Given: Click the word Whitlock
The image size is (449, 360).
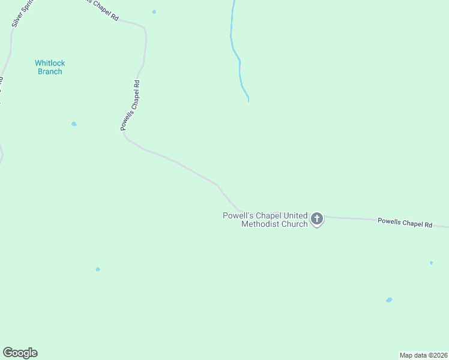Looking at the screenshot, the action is (50, 63).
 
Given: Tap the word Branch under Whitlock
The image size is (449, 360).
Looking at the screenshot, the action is (50, 71).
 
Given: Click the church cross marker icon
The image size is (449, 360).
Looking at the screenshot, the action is (317, 219).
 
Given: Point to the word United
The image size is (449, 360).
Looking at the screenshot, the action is (294, 215).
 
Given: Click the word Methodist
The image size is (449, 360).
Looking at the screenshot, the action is (261, 224).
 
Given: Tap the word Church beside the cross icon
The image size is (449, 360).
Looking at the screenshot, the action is (295, 224).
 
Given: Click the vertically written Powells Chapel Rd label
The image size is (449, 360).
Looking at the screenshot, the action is (130, 106).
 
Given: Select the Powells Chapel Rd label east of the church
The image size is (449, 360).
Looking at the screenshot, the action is (405, 223).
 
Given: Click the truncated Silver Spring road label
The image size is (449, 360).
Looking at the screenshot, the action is (20, 13).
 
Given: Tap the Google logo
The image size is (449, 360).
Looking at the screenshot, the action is (20, 353).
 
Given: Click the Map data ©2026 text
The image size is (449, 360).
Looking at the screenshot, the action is (423, 355).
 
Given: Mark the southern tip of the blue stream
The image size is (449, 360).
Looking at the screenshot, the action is (248, 101).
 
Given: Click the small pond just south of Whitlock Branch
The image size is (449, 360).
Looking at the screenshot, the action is (74, 124).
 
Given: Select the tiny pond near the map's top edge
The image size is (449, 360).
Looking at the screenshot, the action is (154, 12).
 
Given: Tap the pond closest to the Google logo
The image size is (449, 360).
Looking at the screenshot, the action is (98, 269).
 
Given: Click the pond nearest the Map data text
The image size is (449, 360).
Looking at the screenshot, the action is (389, 300).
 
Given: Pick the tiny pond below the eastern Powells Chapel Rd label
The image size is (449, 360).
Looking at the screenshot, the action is (431, 263).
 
